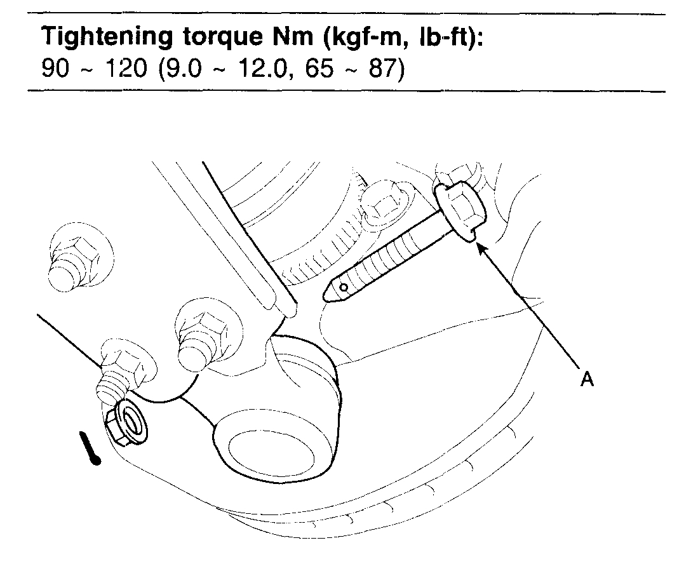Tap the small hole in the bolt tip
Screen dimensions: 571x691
tap(342, 288)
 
